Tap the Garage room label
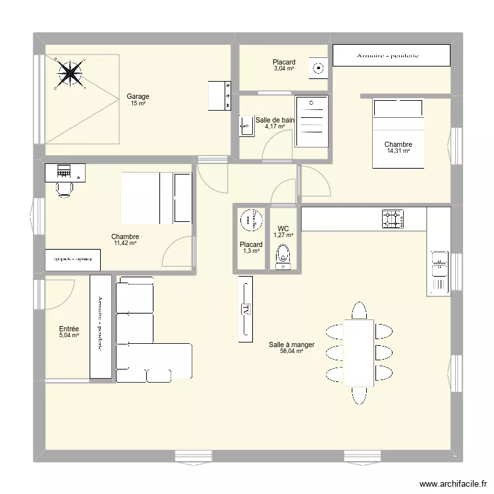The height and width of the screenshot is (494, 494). (138, 96)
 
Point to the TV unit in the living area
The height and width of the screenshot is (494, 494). (246, 308)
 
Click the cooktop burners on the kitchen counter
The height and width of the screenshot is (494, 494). (393, 219)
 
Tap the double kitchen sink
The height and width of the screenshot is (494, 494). (438, 270)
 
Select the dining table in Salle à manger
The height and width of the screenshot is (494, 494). (359, 352)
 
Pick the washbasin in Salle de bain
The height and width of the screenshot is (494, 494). (246, 124)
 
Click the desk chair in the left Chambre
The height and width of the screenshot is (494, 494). (64, 189)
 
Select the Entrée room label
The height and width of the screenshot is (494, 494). (69, 329)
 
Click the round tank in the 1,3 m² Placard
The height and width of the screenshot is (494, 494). (250, 221)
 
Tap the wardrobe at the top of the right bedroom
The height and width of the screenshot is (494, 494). (391, 56)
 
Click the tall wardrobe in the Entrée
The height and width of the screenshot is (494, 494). (101, 326)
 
